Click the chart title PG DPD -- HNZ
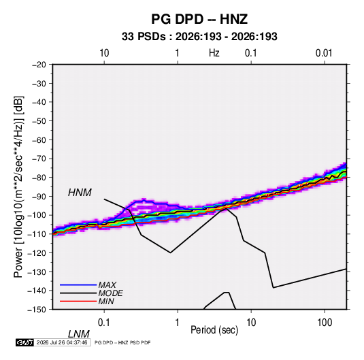click(199, 19)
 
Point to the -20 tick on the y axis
click(39, 65)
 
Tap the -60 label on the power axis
click(39, 140)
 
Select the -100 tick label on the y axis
click(37, 215)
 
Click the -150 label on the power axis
click(37, 310)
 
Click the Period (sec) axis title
click(214, 330)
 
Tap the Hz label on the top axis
click(214, 53)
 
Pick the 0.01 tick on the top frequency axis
click(324, 53)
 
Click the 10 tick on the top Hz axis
click(104, 53)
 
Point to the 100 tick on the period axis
click(325, 323)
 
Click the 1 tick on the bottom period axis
click(178, 323)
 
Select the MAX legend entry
click(107, 285)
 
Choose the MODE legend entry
click(110, 293)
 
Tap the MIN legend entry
click(106, 301)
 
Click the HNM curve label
click(80, 193)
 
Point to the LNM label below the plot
click(79, 334)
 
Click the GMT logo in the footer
click(25, 342)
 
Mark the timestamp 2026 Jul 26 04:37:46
click(62, 342)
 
